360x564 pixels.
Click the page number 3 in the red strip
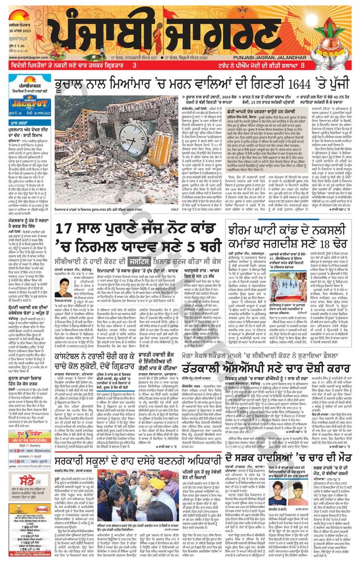[134, 66]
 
